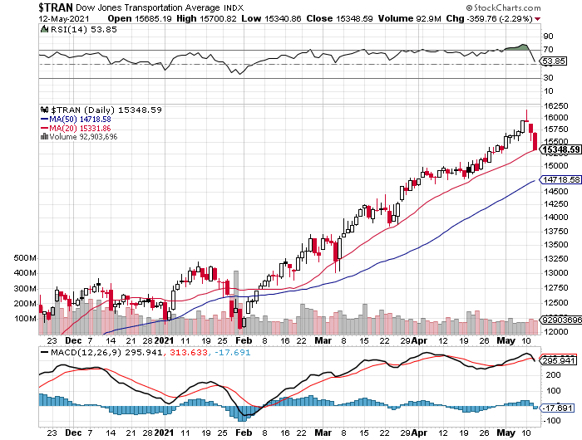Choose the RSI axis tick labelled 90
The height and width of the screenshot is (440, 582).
pyautogui.click(x=548, y=37)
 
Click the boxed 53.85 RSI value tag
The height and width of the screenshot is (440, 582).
pyautogui.click(x=554, y=61)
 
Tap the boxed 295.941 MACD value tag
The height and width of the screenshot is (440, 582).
pyautogui.click(x=557, y=361)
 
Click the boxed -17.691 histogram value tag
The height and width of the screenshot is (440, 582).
pyautogui.click(x=557, y=408)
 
